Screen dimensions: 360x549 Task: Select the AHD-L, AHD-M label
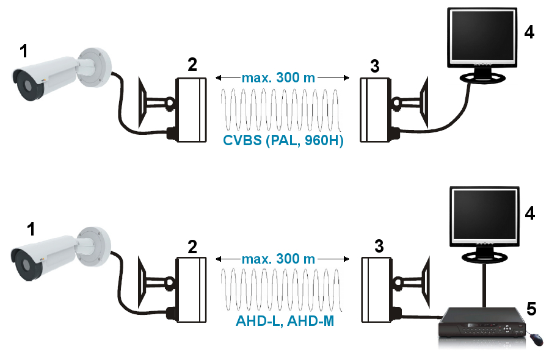coord(285,320)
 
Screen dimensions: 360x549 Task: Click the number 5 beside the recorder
coord(532,310)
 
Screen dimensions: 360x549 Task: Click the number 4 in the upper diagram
coord(529,32)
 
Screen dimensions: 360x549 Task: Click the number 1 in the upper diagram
coord(23,51)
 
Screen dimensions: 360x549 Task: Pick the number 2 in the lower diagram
coord(192,247)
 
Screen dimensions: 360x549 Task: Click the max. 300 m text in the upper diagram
coord(278,78)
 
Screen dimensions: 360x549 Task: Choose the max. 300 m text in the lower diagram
coord(278,258)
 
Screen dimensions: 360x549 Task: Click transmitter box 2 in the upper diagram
coord(191,110)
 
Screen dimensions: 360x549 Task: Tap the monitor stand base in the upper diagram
coord(482,77)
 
